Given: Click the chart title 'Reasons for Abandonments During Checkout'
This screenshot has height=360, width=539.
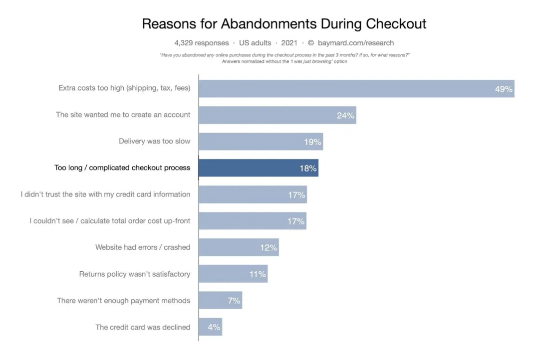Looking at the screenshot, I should coord(284,24).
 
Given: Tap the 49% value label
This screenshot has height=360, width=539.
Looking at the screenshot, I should coord(504,89).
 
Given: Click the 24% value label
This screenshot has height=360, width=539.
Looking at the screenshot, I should coord(345,116).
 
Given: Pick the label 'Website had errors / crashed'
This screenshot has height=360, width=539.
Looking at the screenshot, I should coord(143,247).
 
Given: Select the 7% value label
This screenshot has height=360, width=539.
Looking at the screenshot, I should coord(234,301).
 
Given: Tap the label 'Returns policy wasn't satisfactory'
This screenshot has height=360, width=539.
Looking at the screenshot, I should coord(135,274).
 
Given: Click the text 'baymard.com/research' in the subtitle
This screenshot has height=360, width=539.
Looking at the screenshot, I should coord(355,43).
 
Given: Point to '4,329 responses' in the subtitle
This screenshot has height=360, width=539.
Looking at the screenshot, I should coord(202,43).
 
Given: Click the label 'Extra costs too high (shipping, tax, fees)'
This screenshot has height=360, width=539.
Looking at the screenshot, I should coord(124,88).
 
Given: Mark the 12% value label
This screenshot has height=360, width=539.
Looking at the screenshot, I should coord(269,248).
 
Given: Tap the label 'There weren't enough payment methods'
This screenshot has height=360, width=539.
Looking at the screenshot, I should coord(124,301).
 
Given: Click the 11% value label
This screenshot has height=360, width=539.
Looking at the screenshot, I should coord(258,274).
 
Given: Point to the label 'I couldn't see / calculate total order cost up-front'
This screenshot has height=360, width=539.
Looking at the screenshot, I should coord(110,221).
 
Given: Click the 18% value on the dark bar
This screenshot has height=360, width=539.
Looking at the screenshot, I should coord(308,169).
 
